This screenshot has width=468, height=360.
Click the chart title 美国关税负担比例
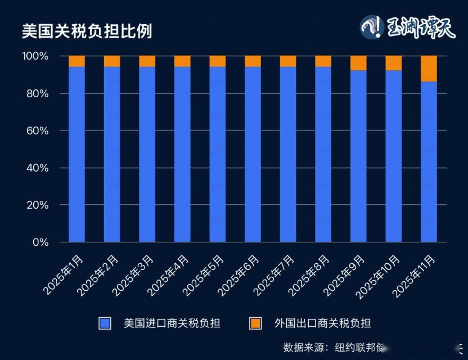pos(87,31)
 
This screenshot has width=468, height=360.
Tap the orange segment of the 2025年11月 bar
pos(429,69)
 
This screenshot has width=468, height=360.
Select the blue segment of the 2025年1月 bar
pos(76,155)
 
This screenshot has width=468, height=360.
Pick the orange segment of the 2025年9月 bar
pos(358,63)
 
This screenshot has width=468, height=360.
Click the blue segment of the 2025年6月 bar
pos(253,155)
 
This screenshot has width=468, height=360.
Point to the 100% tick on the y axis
pos(35,56)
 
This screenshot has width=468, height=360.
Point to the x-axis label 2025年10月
pos(380,276)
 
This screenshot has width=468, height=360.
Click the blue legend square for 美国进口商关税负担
pos(105,323)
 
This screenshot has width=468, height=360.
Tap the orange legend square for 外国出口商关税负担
pos(255,323)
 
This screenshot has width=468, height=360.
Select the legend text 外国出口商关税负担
pos(322,323)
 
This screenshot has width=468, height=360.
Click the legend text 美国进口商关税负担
pos(172,323)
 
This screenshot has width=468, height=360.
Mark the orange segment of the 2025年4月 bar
pos(182,61)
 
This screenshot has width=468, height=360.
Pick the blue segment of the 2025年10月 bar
pos(394,156)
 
